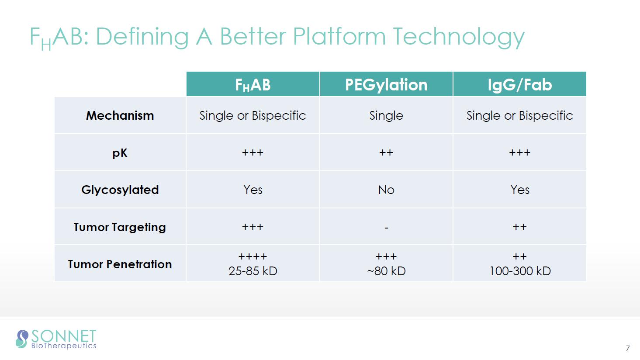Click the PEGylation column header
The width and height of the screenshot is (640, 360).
point(386,85)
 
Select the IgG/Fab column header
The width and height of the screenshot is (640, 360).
point(520,85)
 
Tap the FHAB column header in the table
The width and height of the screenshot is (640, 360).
point(253,85)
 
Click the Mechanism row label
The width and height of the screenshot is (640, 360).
point(120,115)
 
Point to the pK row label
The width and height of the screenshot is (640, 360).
point(120,153)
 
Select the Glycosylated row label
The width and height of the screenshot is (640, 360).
point(120,190)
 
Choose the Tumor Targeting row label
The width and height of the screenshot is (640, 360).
point(120,227)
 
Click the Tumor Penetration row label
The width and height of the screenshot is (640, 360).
point(120,264)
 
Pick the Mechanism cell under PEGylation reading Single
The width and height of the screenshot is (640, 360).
point(386,116)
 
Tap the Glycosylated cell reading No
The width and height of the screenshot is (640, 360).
point(386,190)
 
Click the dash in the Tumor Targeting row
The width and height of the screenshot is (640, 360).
point(386,228)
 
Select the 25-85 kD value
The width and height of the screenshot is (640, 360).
point(253,271)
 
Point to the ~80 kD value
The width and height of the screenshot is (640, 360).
point(386,271)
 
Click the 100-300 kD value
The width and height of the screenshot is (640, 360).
point(520,271)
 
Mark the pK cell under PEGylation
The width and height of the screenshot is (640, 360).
point(386,152)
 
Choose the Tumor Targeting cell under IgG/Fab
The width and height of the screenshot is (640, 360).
point(520,227)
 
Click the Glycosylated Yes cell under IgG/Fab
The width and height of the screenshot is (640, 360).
point(520,190)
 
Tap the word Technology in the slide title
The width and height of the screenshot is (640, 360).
point(459,37)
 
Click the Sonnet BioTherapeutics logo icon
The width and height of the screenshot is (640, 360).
point(22,339)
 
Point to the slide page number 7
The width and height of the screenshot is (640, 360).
point(628,348)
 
